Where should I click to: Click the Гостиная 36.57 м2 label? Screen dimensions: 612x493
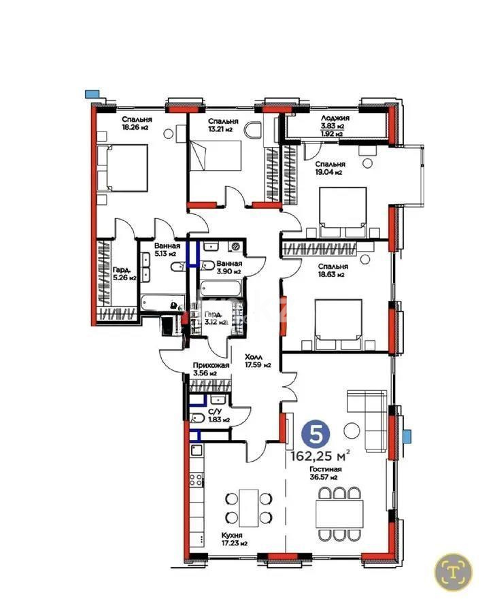326,474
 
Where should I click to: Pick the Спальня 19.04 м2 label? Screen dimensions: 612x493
330,168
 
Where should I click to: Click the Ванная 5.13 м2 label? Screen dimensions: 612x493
167,251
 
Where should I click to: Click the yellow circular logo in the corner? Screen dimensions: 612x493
454,568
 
